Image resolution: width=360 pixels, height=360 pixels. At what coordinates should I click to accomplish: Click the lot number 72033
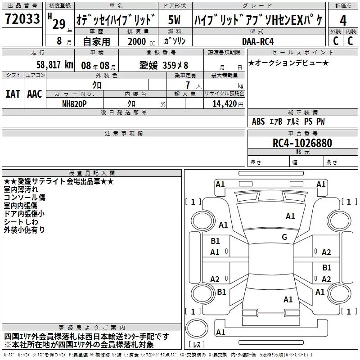(22, 19)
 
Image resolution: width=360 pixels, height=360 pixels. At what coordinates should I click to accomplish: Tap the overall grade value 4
(343, 21)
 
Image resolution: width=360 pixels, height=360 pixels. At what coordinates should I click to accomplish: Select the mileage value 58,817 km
(55, 65)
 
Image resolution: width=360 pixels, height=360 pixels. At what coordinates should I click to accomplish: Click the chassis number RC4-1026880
(302, 143)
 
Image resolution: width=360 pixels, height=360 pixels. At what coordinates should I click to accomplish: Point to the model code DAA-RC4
(258, 41)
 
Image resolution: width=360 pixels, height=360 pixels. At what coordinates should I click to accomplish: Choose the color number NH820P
(74, 104)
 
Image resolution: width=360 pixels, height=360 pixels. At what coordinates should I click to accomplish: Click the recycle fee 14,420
(224, 104)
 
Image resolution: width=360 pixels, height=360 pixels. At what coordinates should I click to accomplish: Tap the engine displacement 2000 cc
(141, 41)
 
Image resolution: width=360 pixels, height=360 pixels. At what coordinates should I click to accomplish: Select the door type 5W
(174, 20)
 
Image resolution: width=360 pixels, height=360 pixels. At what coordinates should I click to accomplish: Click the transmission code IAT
(13, 94)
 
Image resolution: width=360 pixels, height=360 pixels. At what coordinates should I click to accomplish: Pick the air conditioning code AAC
(35, 94)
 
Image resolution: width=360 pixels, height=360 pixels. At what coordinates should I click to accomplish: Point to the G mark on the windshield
(284, 237)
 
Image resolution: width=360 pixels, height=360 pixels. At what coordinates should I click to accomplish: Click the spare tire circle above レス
(197, 328)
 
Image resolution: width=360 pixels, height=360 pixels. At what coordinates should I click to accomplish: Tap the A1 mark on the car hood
(290, 216)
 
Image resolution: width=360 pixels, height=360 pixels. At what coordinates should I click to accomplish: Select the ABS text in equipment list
(258, 121)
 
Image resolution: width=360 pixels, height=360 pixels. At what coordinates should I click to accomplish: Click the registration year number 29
(59, 24)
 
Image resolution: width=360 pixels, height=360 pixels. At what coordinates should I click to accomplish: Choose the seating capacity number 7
(188, 85)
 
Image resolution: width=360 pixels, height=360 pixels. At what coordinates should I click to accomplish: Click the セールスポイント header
(302, 53)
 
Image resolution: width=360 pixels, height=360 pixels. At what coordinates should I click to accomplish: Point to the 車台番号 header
(302, 133)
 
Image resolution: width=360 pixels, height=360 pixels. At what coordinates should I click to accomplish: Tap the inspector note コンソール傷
(25, 198)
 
